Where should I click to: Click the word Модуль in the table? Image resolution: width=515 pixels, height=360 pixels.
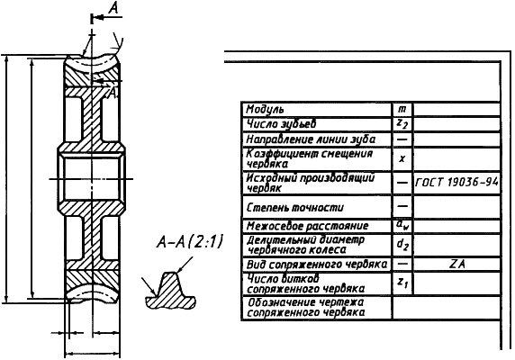[x=265, y=110]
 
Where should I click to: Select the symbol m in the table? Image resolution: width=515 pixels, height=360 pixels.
[x=402, y=109]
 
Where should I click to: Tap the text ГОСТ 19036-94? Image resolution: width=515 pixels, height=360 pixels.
[x=456, y=182]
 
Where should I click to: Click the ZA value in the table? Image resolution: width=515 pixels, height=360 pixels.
[x=456, y=265]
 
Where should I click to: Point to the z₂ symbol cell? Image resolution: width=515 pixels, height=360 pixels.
[x=402, y=124]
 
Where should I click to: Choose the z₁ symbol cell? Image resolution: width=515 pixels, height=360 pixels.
[x=402, y=283]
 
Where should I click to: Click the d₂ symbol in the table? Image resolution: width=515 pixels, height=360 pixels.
[x=402, y=245]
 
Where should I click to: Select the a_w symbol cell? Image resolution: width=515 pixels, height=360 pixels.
[x=402, y=226]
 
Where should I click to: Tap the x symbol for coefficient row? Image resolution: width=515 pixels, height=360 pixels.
[x=402, y=159]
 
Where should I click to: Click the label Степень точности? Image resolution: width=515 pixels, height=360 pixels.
[x=295, y=207]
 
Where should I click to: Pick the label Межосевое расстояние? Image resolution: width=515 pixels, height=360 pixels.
[x=307, y=226]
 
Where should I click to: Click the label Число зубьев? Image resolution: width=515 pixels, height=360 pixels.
[x=281, y=124]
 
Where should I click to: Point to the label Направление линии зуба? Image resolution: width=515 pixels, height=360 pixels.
[x=311, y=139]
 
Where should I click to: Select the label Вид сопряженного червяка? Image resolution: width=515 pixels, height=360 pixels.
[x=317, y=265]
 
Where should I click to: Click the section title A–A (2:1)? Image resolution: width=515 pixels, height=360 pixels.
[x=190, y=242]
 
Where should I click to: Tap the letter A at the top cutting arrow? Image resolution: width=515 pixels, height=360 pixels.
[x=113, y=8]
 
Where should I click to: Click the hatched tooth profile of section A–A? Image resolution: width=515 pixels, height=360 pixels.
[x=170, y=292]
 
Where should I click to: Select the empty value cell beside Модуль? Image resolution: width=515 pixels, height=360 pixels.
[x=456, y=109]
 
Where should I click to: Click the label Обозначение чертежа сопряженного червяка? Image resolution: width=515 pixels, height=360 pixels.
[x=306, y=308]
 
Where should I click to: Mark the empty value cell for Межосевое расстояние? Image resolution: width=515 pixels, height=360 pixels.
[x=456, y=226]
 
